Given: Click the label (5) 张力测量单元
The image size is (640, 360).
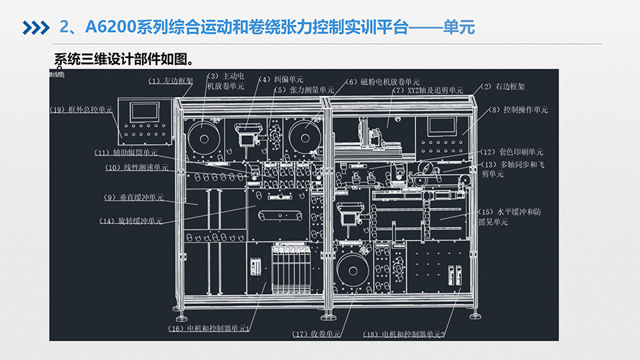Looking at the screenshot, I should tap(303, 90).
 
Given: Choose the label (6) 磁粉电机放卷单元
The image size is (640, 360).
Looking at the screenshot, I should tap(382, 82).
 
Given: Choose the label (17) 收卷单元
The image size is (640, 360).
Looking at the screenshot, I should tap(316, 333).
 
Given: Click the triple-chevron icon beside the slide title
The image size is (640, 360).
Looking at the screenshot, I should tap(36, 27).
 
